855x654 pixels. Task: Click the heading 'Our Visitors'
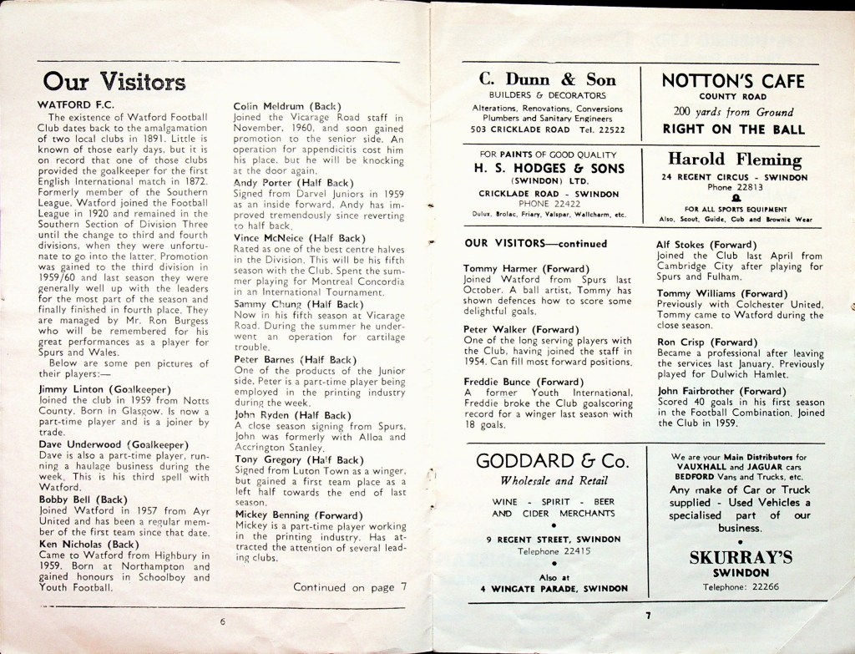(114, 81)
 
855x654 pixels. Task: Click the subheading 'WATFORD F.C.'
(73, 105)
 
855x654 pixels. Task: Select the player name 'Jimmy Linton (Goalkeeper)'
(105, 389)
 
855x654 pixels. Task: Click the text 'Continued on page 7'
(350, 587)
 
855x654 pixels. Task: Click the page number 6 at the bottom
(223, 621)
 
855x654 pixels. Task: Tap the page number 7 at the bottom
(646, 616)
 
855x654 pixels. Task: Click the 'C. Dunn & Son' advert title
(548, 80)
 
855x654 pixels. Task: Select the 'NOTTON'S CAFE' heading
(733, 81)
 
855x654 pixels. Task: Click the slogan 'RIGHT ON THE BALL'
(733, 129)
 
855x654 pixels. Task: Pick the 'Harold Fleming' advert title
(734, 160)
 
